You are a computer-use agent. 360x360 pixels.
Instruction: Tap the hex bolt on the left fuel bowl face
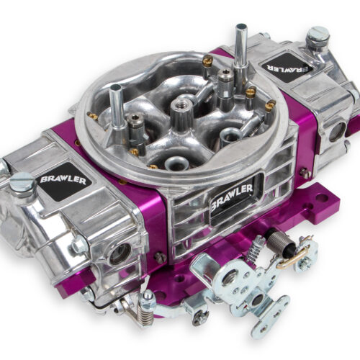click(x=80, y=246)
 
